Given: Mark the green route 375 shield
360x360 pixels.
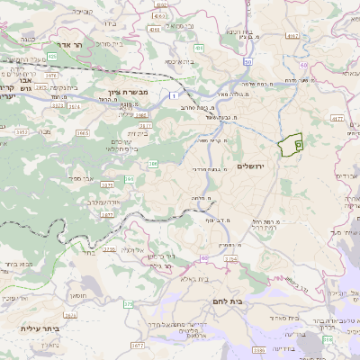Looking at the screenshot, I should click(128, 305).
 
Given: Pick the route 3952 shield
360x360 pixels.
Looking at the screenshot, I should click(20, 130).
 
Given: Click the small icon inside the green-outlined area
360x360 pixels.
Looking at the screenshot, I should click(299, 144).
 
